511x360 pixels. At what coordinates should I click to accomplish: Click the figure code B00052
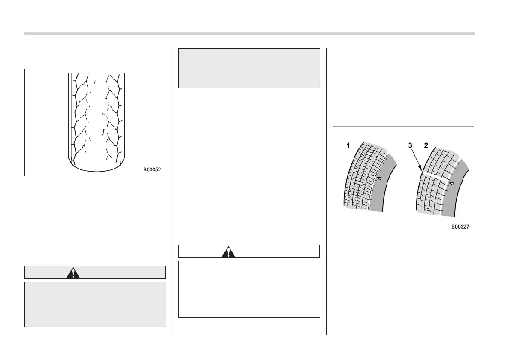[151, 169]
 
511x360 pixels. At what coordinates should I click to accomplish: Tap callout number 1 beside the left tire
[348, 146]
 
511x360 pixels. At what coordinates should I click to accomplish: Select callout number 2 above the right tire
[426, 146]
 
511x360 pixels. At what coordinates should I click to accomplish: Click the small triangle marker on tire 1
[379, 177]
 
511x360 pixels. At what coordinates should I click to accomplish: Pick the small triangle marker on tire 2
[451, 183]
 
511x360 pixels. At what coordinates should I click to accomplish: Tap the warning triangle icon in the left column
[73, 273]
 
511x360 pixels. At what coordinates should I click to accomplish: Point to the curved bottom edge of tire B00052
[95, 170]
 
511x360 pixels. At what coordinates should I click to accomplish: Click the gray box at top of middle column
[249, 69]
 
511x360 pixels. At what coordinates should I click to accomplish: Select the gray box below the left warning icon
[95, 304]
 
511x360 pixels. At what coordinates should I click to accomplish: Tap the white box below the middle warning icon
[249, 289]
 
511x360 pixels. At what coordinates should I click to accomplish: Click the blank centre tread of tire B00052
[95, 116]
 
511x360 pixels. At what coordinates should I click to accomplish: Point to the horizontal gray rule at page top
[249, 33]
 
